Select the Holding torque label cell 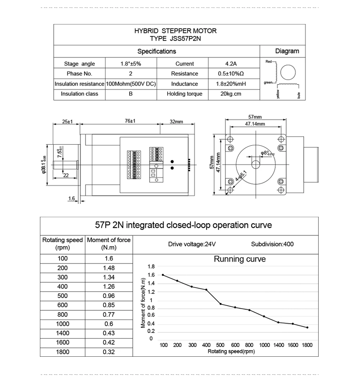pos(184,94)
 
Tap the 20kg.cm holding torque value pos(230,94)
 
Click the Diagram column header pos(287,51)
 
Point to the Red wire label pos(268,61)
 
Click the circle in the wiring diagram pos(288,73)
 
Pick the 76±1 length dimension pos(130,121)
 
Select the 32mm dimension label pos(176,122)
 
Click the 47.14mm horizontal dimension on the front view pos(255,124)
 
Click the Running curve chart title pos(240,259)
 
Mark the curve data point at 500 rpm pos(221,304)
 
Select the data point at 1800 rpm pos(307,327)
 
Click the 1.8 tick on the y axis pos(151,266)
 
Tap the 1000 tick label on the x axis pos(264,345)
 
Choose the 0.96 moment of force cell pos(109,296)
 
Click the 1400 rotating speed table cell pos(63,333)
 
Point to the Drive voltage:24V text pos(192,244)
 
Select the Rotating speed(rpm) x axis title pos(231,352)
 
